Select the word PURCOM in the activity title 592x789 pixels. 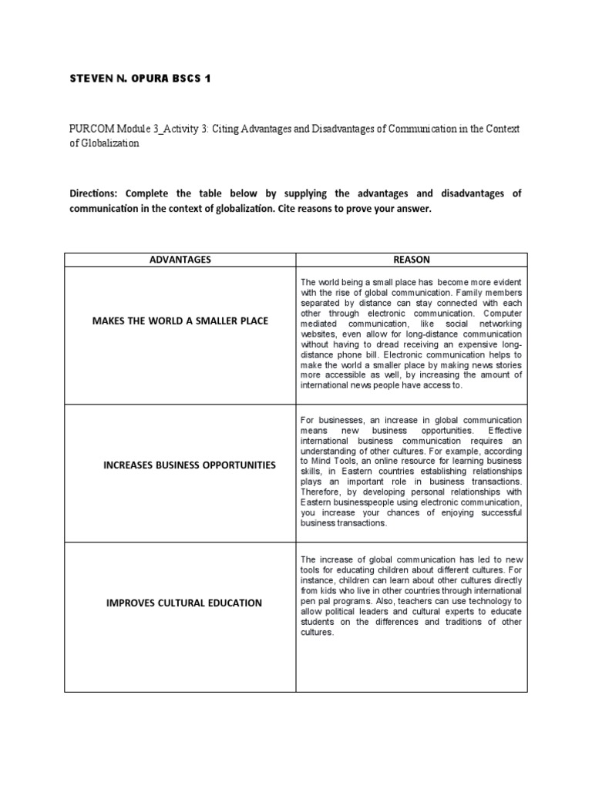click(x=90, y=129)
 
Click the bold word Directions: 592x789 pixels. click(x=94, y=193)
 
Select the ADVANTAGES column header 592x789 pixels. click(x=180, y=260)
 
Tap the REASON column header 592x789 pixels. click(x=412, y=260)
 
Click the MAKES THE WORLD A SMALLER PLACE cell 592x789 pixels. click(x=180, y=321)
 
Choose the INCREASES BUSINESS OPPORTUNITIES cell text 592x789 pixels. click(x=180, y=465)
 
